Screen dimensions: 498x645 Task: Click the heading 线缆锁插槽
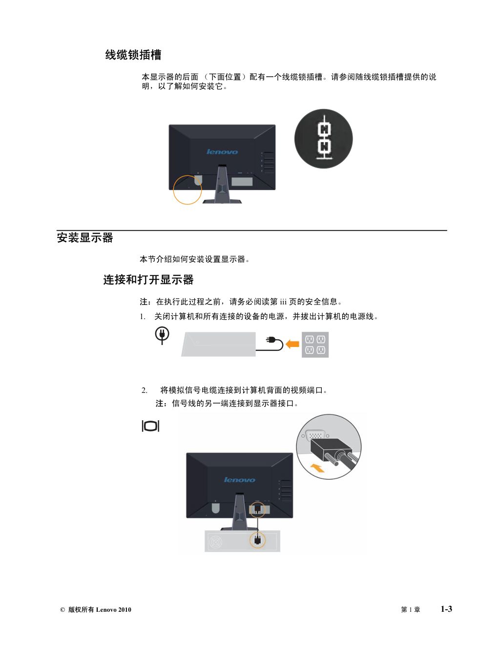[x=133, y=55]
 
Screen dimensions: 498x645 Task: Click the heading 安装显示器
[x=85, y=238]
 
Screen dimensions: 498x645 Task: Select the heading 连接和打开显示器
[x=148, y=279]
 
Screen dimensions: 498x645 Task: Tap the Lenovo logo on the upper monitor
[x=222, y=151]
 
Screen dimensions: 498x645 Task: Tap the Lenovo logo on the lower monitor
[x=240, y=480]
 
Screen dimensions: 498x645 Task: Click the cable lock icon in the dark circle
[x=324, y=137]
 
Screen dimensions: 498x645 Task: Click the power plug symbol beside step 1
[x=162, y=335]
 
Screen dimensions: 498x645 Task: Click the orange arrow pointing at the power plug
[x=292, y=344]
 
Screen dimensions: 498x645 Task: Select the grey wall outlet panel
[x=315, y=344]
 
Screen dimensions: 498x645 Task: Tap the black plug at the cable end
[x=271, y=340]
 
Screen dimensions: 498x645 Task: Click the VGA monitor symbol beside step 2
[x=151, y=426]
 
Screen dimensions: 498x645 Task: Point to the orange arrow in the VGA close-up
[x=318, y=468]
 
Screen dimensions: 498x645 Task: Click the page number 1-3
[x=446, y=609]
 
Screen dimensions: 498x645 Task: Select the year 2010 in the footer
[x=124, y=610]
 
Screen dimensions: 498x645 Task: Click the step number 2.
[x=144, y=390]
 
